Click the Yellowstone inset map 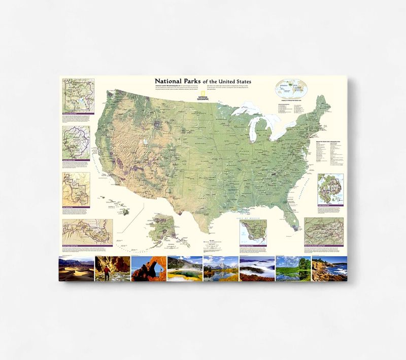[76, 94]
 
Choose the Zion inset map [76, 189]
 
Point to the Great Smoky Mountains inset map [324, 231]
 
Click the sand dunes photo [76, 268]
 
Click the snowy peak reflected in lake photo [220, 268]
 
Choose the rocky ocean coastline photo [329, 268]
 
